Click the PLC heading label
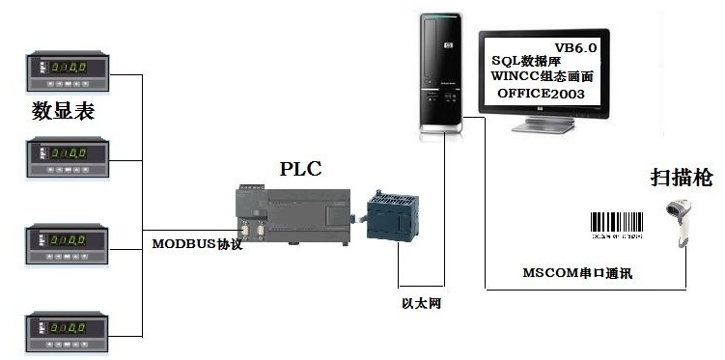point(300,169)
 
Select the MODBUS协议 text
point(197,244)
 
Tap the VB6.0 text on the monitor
point(577,47)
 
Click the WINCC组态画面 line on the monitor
point(542,77)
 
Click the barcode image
point(617,222)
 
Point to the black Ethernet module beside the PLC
point(393,217)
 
